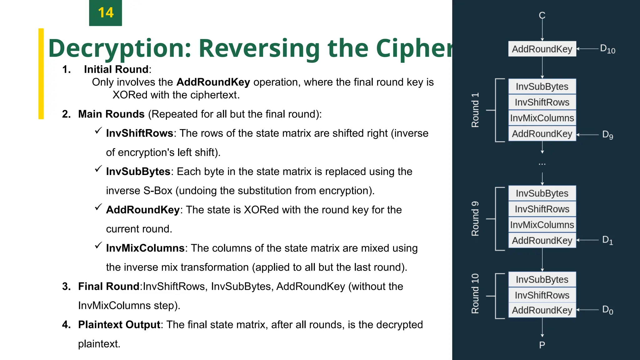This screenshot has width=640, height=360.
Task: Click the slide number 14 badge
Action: click(105, 13)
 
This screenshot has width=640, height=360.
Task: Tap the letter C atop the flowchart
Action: click(542, 15)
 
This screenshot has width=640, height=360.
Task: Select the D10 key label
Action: click(607, 49)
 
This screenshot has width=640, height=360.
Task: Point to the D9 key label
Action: click(607, 135)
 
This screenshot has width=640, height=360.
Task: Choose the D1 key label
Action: click(607, 240)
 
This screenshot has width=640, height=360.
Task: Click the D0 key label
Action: click(607, 310)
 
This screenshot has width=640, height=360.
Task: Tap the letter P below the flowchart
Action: click(542, 345)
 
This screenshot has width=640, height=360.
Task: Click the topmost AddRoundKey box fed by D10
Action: click(542, 49)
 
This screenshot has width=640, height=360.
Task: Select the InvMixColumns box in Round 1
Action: click(542, 118)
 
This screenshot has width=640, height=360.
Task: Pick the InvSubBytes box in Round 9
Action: click(542, 193)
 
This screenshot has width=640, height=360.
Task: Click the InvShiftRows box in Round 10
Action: click(542, 295)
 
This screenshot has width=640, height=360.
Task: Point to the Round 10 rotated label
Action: click(475, 293)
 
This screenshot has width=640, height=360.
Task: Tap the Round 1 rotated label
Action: click(475, 110)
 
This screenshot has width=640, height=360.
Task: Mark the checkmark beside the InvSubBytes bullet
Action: click(98, 169)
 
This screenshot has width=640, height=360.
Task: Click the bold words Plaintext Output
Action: click(119, 325)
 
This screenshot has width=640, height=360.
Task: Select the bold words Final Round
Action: click(108, 286)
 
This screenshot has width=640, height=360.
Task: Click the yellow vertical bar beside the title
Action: click(41, 74)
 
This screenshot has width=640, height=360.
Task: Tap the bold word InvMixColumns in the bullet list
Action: click(145, 248)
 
